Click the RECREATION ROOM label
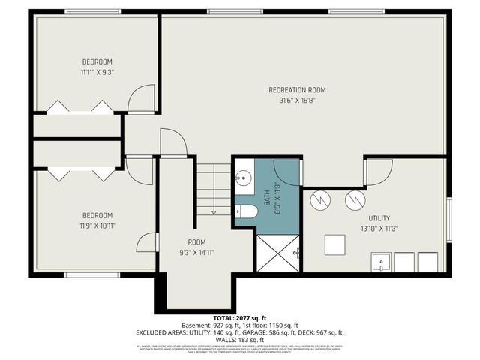pos(297,90)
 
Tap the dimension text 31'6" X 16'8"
pos(297,100)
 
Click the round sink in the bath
pos(243,179)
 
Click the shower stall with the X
pos(277,252)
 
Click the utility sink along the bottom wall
pos(381,263)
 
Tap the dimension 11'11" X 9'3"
pos(97,72)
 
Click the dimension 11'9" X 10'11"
pos(97,225)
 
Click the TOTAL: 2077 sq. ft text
pos(239,319)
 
